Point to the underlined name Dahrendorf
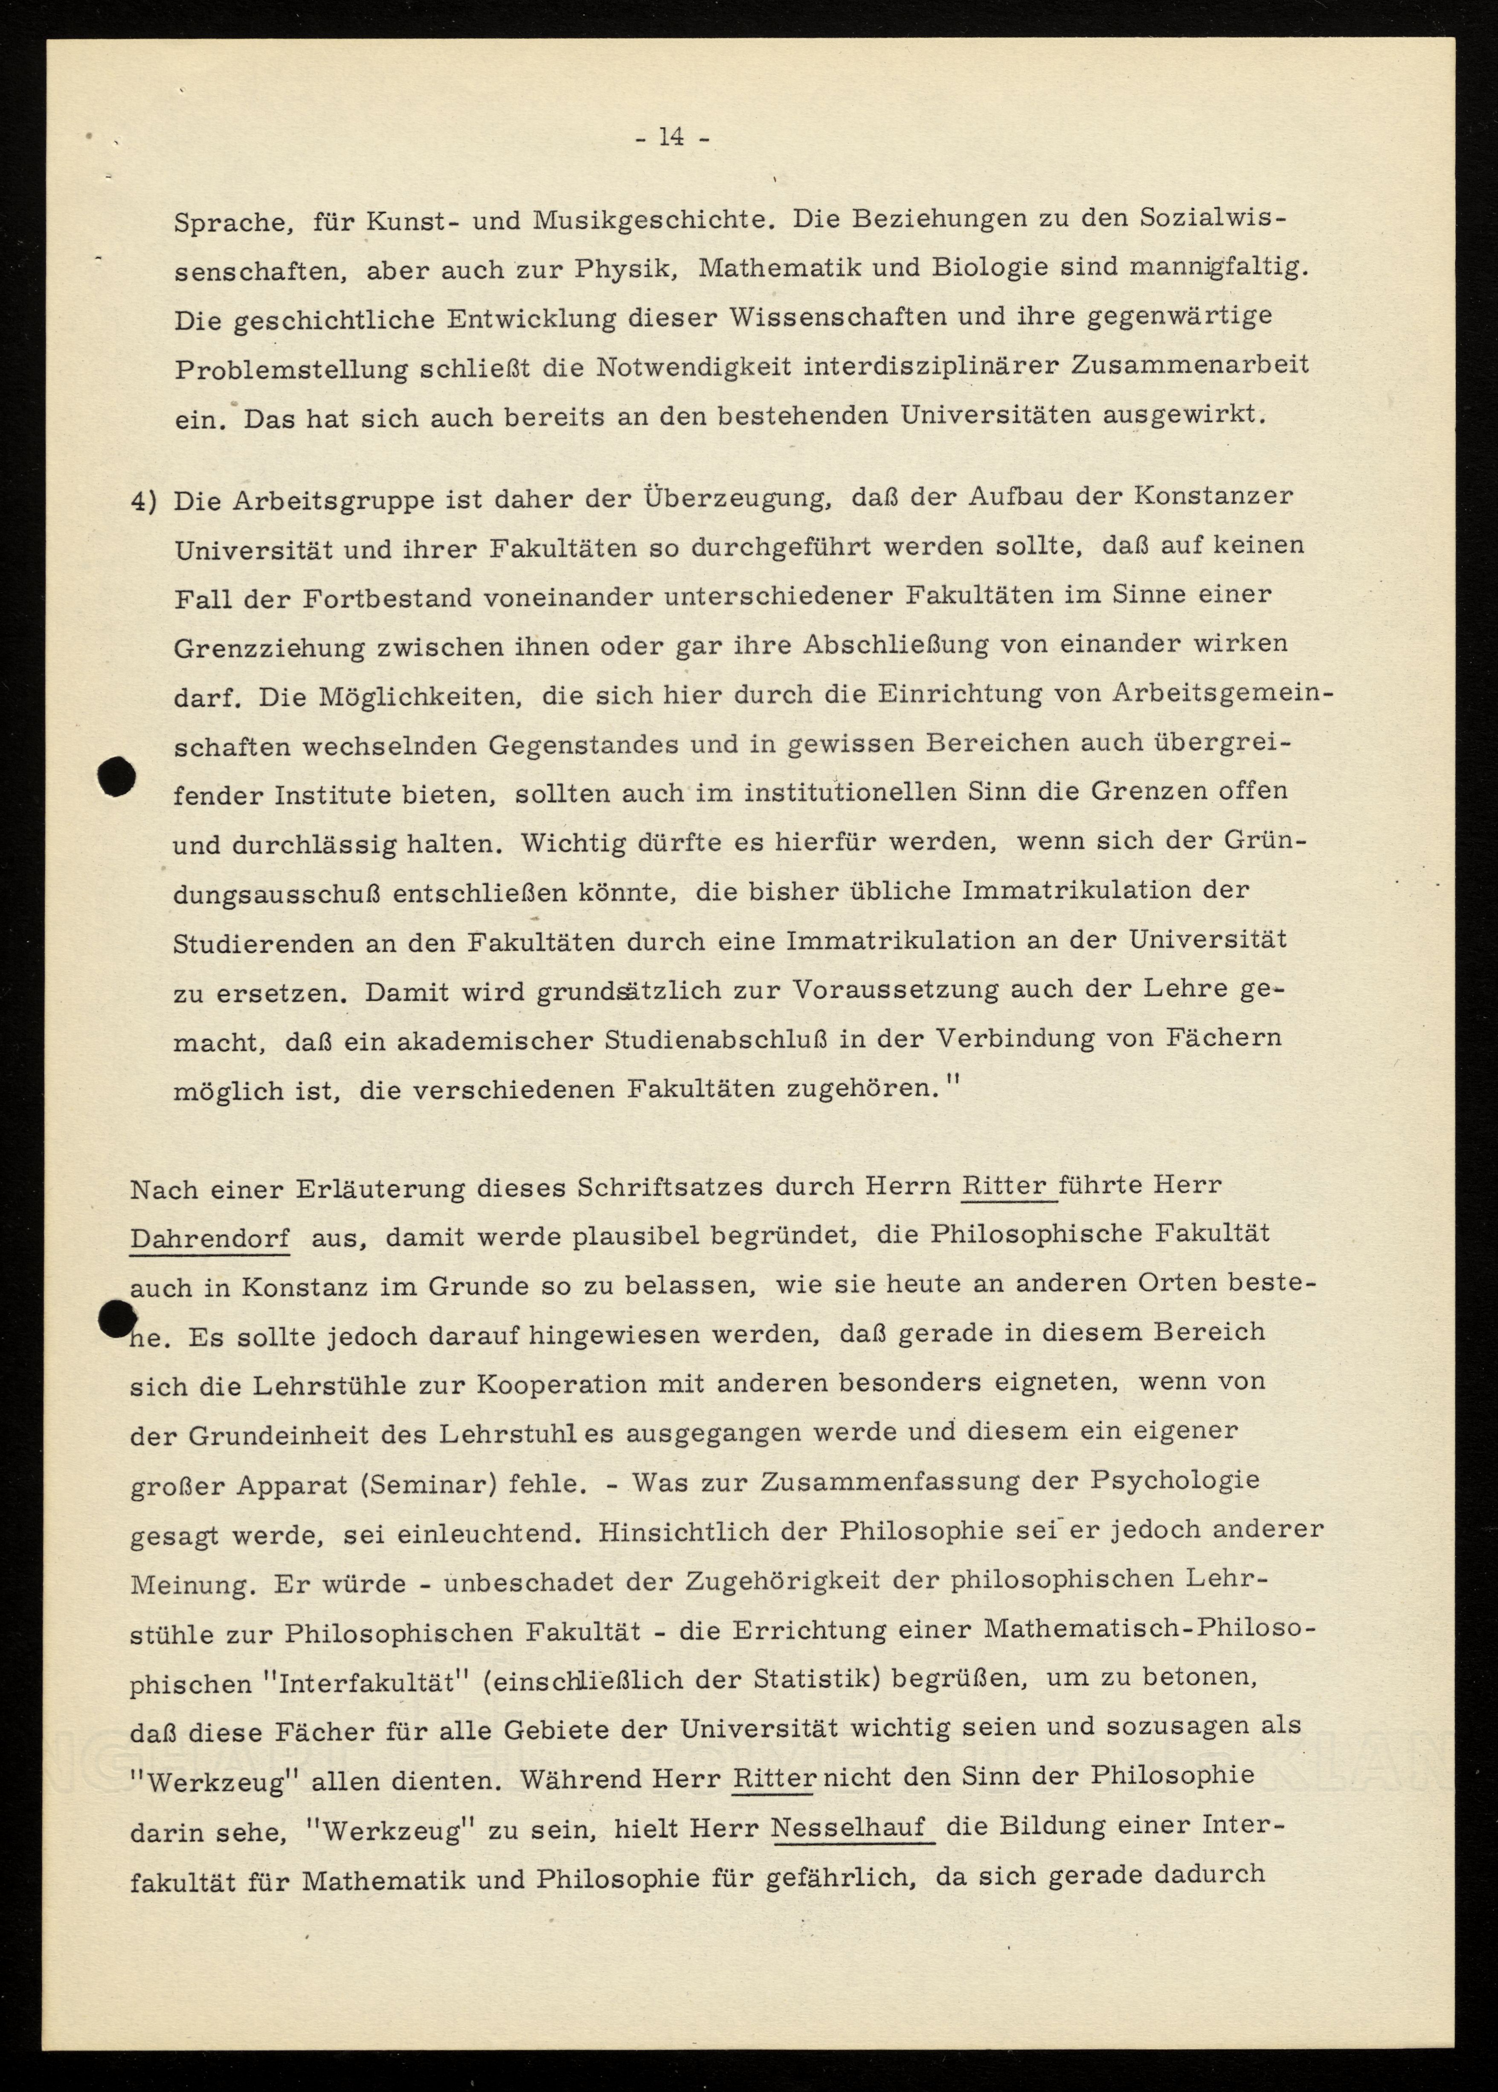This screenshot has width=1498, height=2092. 209,1238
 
